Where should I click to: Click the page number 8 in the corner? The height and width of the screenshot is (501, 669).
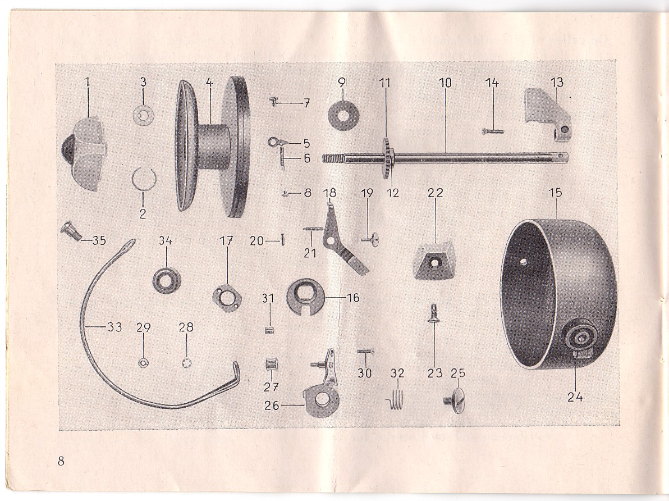click(61, 462)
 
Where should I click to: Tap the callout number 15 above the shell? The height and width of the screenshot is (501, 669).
click(555, 193)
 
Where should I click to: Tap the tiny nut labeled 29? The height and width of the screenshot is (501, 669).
click(143, 363)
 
